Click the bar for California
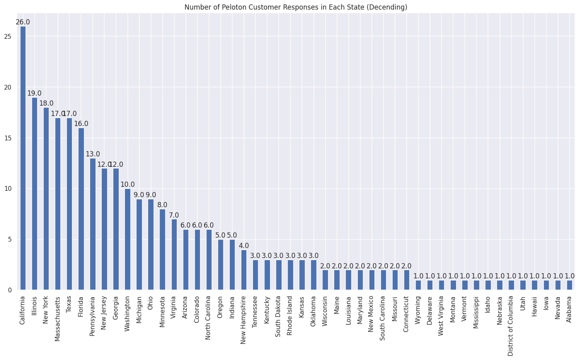pyautogui.click(x=23, y=158)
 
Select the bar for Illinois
pyautogui.click(x=34, y=194)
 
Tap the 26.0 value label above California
pyautogui.click(x=23, y=22)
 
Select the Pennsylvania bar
pyautogui.click(x=93, y=224)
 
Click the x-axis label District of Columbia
pyautogui.click(x=511, y=322)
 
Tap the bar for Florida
pyautogui.click(x=81, y=209)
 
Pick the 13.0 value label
pyautogui.click(x=93, y=154)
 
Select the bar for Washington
pyautogui.click(x=128, y=239)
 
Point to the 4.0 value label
pyautogui.click(x=244, y=245)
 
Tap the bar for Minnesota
pyautogui.click(x=162, y=249)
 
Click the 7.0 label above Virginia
pyautogui.click(x=174, y=215)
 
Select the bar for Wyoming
pyautogui.click(x=418, y=285)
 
